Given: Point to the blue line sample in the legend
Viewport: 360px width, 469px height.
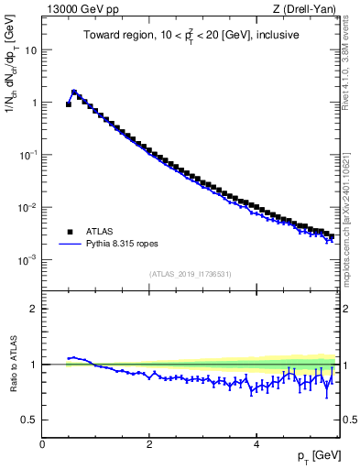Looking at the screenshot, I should click(x=69, y=245).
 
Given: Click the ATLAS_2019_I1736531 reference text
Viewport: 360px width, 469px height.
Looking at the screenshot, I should click(x=189, y=274).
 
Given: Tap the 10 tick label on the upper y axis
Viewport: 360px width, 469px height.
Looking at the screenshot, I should click(x=30, y=50).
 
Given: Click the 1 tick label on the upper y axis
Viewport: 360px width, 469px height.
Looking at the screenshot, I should click(x=34, y=103).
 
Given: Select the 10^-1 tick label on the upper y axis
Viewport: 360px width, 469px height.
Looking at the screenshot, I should click(x=28, y=155).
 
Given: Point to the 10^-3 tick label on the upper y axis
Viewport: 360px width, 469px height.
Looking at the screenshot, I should click(x=28, y=260).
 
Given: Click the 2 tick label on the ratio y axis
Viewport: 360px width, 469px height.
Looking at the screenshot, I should click(x=34, y=309).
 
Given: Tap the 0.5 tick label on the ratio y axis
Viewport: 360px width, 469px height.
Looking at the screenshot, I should click(x=30, y=420).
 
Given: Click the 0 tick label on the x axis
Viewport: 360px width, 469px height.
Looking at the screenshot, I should click(x=42, y=444).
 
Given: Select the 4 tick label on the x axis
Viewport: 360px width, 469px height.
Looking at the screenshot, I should click(x=256, y=444).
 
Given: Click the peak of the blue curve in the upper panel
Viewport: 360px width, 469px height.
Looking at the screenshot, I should click(x=74, y=91).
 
